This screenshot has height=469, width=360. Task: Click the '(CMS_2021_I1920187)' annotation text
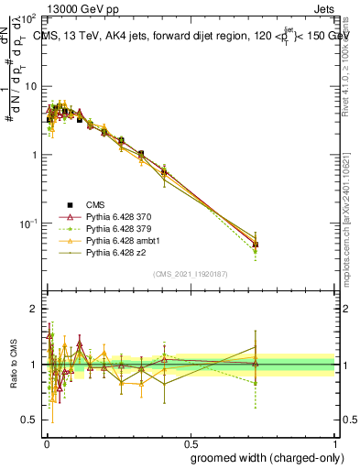pos(190,274)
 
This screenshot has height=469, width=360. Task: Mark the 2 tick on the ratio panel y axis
pos(34,309)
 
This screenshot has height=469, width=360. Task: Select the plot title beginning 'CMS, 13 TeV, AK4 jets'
pos(183,37)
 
